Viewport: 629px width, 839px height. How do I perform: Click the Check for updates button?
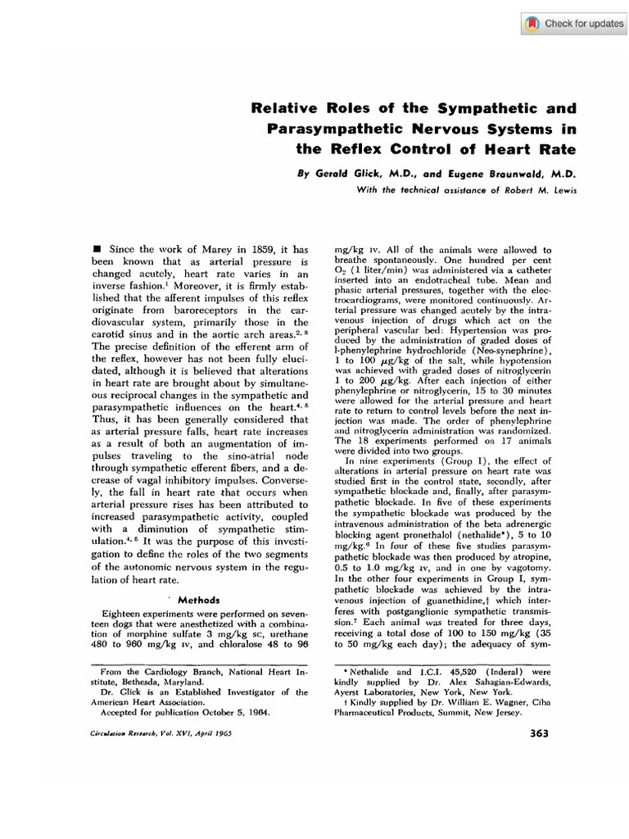coord(573,24)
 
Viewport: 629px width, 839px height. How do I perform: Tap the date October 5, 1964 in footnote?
coord(234,712)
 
